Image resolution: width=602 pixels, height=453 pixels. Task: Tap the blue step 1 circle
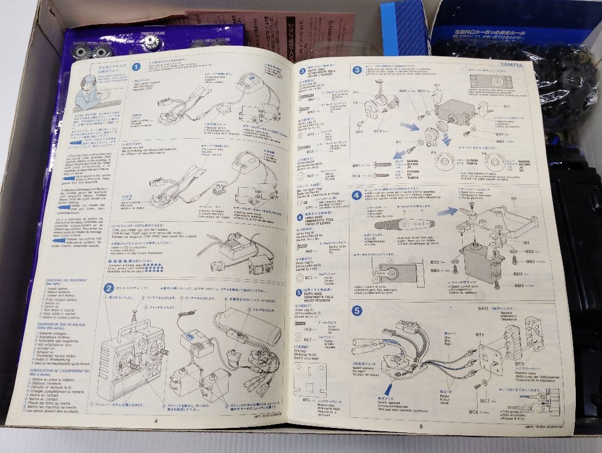click(x=136, y=67)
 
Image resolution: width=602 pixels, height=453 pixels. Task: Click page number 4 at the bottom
click(x=156, y=421)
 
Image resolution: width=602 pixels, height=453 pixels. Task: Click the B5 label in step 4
click(x=513, y=198)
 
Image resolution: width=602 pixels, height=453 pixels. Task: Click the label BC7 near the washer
click(x=484, y=401)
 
